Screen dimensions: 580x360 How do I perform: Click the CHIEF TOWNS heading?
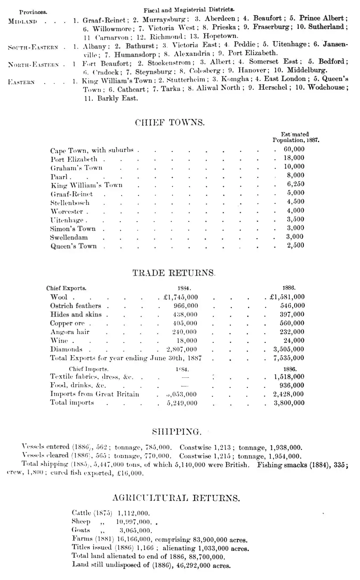point(170,123)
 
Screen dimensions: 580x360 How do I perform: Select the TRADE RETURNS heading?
point(174,273)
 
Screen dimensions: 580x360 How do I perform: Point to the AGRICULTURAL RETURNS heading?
point(176,498)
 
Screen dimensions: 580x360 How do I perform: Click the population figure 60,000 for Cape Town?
point(294,149)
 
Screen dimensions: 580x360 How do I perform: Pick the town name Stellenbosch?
point(70,203)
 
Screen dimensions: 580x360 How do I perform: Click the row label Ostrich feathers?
point(76,306)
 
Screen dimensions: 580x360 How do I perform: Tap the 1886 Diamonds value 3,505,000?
point(289,349)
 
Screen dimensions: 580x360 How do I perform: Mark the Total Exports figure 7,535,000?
point(289,358)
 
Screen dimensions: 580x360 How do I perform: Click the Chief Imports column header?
point(89,369)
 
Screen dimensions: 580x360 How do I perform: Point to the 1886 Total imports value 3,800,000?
point(289,403)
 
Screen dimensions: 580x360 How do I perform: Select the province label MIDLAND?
point(22,21)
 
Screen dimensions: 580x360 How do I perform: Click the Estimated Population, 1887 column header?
point(296,137)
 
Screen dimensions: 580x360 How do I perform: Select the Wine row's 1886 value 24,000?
point(294,340)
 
